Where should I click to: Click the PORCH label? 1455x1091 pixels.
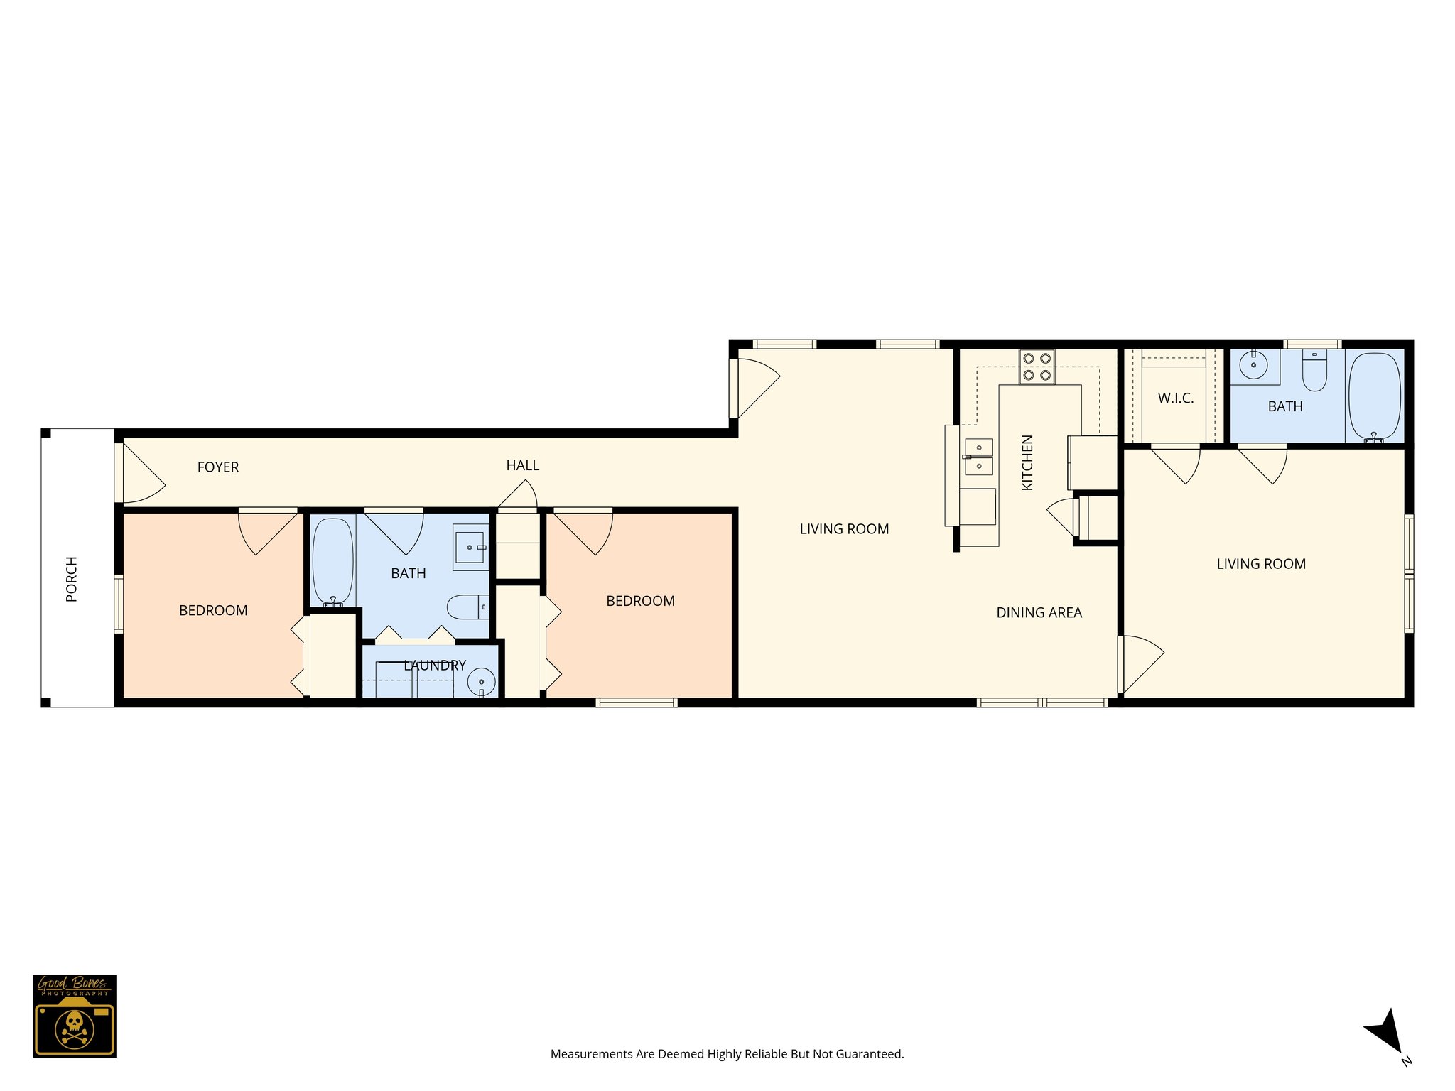[x=71, y=579]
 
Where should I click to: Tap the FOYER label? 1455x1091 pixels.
[x=217, y=467]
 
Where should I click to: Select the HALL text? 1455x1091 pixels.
[x=522, y=466]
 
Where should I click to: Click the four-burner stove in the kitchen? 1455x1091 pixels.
[x=1037, y=367]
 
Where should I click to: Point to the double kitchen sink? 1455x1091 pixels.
[x=978, y=457]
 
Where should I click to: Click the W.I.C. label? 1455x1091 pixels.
[x=1175, y=398]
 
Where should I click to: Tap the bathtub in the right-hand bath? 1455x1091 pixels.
[x=1374, y=396]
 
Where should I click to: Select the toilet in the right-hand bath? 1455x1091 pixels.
[x=1314, y=371]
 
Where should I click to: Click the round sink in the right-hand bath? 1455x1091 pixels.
[x=1253, y=365]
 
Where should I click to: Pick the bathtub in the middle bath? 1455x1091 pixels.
[x=332, y=560]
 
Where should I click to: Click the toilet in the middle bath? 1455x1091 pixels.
[x=466, y=607]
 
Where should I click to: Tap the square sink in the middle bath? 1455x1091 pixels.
[x=470, y=547]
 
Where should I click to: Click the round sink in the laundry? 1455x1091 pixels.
[x=481, y=682]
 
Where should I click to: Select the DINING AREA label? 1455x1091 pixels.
[x=1039, y=613]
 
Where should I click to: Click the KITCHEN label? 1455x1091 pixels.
[x=1027, y=462]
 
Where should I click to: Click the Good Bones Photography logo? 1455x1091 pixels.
[x=75, y=1016]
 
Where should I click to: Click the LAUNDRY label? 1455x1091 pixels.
[x=435, y=666]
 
